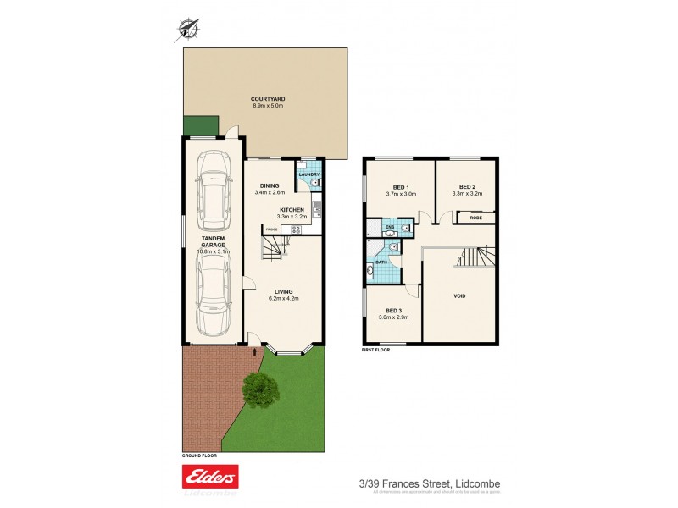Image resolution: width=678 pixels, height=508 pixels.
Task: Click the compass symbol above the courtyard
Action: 187,30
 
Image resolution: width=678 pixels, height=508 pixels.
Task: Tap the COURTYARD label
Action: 268,99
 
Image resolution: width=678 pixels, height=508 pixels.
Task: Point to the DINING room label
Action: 270,185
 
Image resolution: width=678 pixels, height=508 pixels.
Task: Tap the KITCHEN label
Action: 292,209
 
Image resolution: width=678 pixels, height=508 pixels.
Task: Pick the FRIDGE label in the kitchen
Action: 271,229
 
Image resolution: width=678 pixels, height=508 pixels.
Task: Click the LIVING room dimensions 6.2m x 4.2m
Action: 283,299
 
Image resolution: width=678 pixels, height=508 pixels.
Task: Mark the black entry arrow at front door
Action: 254,349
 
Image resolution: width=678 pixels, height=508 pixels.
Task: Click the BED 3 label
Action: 393,310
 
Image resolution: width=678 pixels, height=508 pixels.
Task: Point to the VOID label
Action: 458,296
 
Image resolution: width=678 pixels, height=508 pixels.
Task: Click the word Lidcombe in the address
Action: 479,483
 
